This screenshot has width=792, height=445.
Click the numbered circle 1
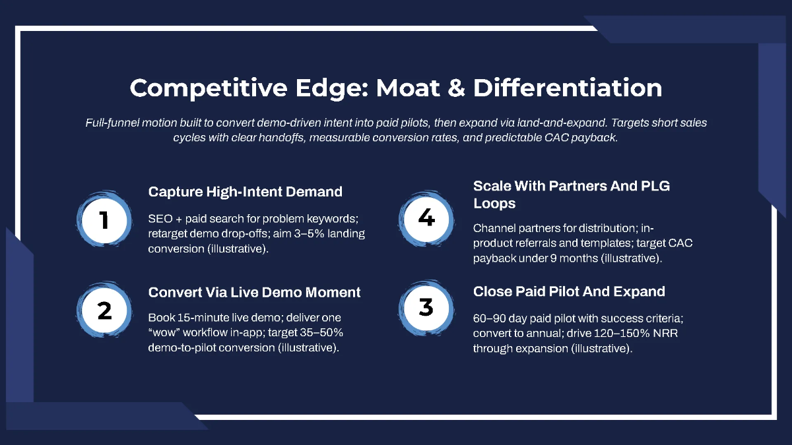(104, 220)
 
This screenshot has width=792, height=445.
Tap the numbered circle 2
(104, 311)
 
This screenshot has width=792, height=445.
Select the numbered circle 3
(426, 307)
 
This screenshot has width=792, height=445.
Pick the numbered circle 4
(426, 218)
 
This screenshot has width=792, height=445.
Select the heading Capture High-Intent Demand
(246, 192)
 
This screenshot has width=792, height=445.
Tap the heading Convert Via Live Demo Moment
(255, 292)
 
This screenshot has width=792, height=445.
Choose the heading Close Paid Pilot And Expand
(569, 291)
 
